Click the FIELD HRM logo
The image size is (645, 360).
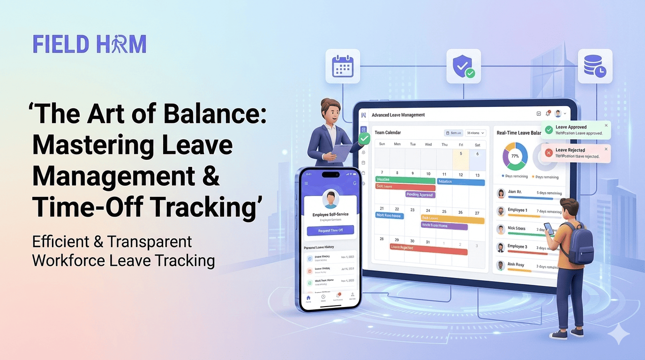pos(90,44)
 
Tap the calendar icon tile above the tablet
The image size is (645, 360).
pos(343,66)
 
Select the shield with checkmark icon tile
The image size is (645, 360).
pos(463,66)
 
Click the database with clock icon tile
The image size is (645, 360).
pos(595,66)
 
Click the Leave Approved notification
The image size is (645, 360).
pos(576,130)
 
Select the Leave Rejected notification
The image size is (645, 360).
pos(576,153)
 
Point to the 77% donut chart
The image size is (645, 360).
pos(515,156)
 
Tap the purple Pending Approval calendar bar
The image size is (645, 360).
pos(420,195)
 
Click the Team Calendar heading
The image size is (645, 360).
pos(388,133)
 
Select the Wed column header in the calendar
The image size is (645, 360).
pos(428,144)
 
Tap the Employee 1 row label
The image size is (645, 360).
pos(517,210)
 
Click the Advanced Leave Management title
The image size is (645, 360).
pos(398,115)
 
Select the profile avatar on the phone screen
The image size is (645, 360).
pos(330,200)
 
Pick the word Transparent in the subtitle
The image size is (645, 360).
pos(150,241)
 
